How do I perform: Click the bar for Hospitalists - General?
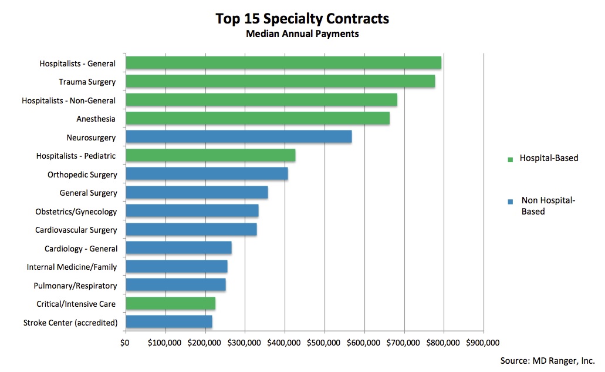coord(283,63)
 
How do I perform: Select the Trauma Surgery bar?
coord(280,82)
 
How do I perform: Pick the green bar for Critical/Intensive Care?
coord(170,303)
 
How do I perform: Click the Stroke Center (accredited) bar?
coord(168,322)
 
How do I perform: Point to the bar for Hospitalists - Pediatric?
coord(210,156)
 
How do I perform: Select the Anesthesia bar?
coord(257,119)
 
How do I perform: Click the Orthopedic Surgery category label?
coord(82,175)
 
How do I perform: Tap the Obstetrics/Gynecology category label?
coord(76,212)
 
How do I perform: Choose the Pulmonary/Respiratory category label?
coord(76,286)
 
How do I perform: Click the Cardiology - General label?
coord(81,249)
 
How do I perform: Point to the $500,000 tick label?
coord(325,343)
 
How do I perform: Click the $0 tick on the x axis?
coord(125,343)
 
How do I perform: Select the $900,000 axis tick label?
coord(483,343)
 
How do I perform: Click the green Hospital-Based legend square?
coord(510,159)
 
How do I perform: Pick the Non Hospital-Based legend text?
coord(548,206)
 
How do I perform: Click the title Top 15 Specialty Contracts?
coord(302,19)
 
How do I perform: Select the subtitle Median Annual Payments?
coord(302,34)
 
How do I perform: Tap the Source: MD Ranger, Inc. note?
coord(547,360)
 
